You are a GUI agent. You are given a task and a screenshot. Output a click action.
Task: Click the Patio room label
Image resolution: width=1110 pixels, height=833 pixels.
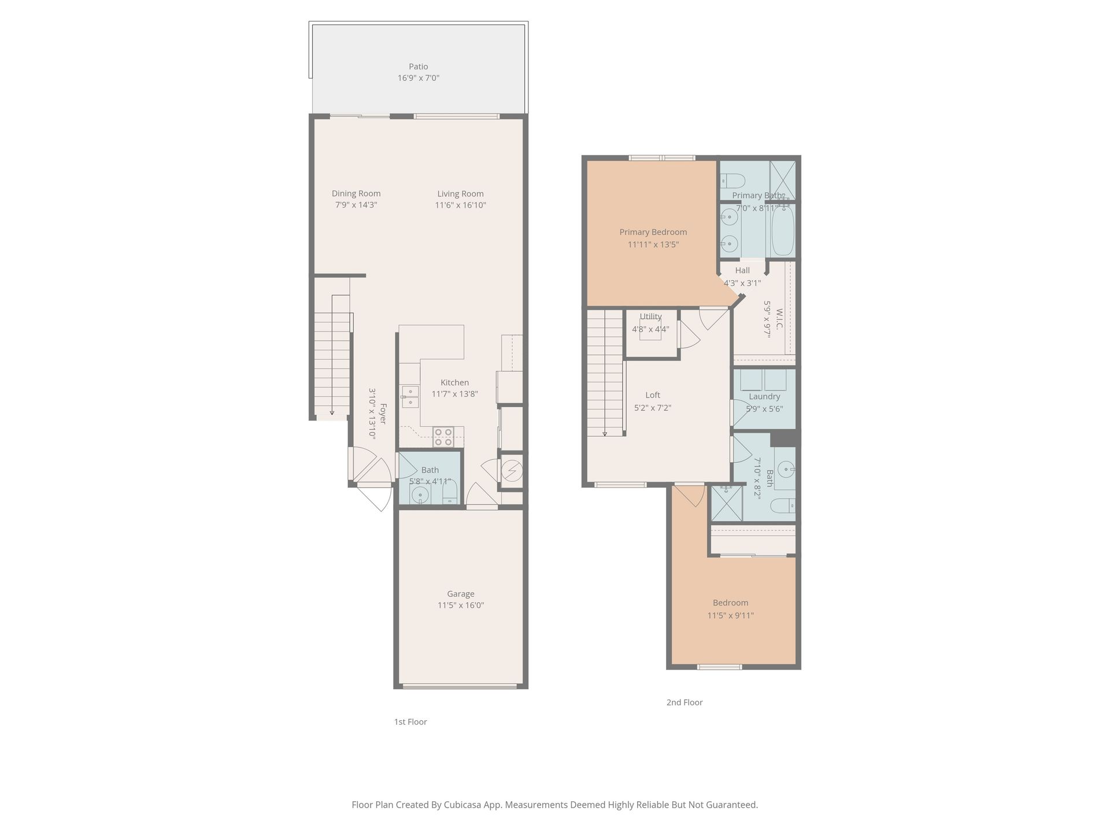click(418, 67)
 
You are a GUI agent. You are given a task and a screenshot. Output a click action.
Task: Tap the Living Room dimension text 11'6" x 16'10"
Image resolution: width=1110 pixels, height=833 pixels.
click(460, 205)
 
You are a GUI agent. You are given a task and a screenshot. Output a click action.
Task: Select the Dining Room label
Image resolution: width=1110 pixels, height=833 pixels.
click(356, 194)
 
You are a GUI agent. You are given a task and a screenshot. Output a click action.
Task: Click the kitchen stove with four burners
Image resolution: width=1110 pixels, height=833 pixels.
click(443, 437)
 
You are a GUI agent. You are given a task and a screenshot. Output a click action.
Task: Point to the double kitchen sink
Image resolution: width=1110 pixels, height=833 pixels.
click(410, 397)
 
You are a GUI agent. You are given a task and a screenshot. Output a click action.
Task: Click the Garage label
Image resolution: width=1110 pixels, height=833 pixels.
click(461, 594)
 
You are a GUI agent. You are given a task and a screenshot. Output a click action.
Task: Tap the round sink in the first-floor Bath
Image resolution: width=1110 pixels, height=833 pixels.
click(420, 495)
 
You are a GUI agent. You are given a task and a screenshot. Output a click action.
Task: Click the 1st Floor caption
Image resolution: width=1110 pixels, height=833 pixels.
click(410, 722)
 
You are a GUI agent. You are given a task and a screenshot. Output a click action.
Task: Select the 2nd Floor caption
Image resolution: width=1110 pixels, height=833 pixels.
click(684, 702)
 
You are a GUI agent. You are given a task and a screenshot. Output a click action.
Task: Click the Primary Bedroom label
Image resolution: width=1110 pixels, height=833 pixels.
click(653, 232)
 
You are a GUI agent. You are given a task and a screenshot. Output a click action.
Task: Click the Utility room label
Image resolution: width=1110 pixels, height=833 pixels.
click(650, 316)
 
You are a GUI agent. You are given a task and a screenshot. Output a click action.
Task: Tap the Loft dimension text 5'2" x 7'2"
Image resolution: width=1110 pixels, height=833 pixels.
click(653, 408)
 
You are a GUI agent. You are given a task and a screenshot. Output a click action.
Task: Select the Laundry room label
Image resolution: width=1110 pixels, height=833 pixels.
click(764, 396)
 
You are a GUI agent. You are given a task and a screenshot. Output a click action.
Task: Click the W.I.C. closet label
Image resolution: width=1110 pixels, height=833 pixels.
click(779, 319)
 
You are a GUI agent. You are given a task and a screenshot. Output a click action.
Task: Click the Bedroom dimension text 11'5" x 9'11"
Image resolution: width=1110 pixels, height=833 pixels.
click(731, 615)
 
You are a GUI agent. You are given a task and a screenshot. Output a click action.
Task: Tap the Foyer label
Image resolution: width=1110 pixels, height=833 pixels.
click(383, 414)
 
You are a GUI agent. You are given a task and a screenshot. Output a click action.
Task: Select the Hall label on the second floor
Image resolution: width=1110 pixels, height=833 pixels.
click(742, 270)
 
